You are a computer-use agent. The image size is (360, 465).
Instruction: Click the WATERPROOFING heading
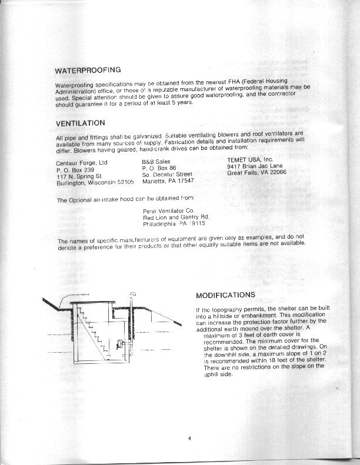87,71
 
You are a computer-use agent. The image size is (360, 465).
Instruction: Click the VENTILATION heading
80,123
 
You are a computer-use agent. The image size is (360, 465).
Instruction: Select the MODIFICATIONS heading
225,295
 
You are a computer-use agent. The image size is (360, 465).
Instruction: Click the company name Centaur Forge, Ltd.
82,163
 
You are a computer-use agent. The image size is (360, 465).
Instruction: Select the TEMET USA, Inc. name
251,159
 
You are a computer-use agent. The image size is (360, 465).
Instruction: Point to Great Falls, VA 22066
256,173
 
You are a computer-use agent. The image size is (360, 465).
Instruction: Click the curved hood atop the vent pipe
132,292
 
